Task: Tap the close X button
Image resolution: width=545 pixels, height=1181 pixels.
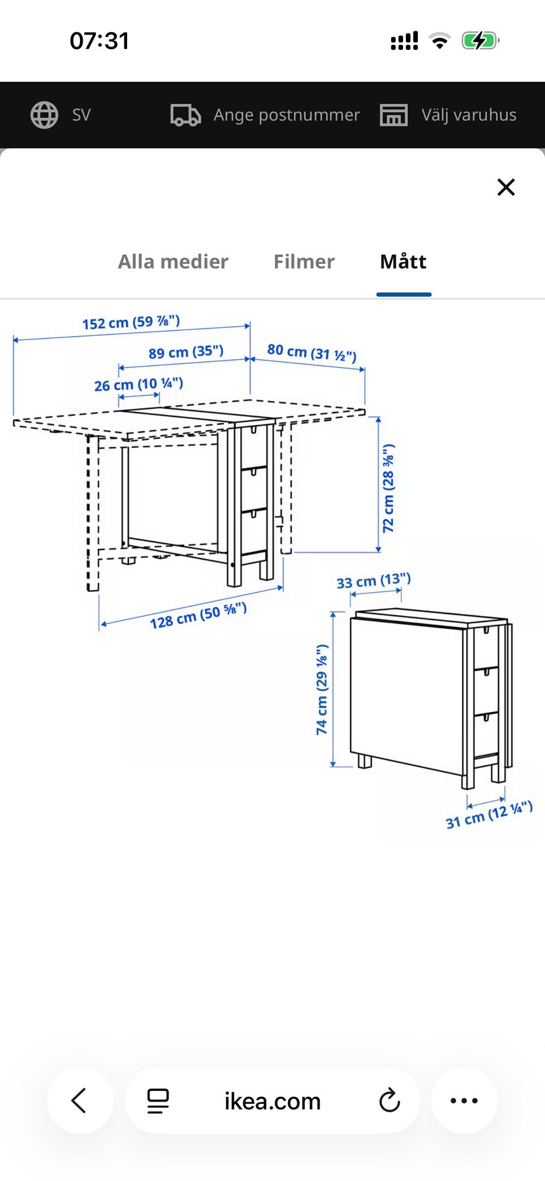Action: pos(506,187)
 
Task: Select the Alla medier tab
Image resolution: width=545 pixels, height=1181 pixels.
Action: pos(173,262)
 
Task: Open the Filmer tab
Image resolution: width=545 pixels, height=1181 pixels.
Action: pos(304,262)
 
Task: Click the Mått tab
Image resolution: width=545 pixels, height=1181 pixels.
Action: pos(403,262)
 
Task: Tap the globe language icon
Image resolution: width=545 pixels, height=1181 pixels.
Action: pos(44,115)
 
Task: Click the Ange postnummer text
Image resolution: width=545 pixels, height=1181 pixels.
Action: pos(287,115)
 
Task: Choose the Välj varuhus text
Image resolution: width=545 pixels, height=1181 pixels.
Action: pos(469,115)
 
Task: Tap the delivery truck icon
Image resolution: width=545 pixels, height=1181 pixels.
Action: pos(186,115)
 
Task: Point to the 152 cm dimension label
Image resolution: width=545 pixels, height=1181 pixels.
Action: pos(131,322)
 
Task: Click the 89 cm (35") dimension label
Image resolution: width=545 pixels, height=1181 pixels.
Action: pos(186,352)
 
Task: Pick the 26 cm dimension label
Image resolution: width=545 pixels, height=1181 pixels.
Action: pos(139,384)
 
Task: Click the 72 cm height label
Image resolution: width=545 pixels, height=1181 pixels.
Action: pos(388,489)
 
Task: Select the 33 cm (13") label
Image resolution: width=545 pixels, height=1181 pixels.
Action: pos(374,581)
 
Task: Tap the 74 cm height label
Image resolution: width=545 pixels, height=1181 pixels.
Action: pos(322,690)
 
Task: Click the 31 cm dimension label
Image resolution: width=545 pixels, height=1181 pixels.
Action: pos(489,815)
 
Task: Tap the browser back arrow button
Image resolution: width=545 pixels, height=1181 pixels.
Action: pos(79,1100)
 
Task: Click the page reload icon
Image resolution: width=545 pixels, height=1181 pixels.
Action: pos(389,1100)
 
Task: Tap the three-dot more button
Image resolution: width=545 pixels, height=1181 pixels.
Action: pos(464,1100)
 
